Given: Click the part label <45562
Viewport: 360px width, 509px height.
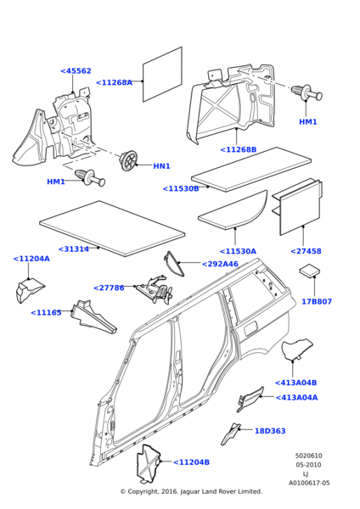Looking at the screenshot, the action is [x=76, y=70].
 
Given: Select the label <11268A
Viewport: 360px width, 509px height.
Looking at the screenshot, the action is [x=114, y=82].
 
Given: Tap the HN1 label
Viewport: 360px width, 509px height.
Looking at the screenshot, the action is [x=162, y=166].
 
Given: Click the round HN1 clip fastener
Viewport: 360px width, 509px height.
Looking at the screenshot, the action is [x=128, y=160].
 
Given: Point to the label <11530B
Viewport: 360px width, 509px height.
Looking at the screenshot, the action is [x=181, y=188].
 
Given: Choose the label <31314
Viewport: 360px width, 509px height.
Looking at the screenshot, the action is [x=73, y=249].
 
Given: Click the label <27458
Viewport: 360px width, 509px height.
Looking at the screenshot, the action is [x=306, y=251].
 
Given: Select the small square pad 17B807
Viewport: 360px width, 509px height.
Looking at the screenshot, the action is [x=309, y=271].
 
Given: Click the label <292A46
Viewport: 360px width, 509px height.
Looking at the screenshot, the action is [x=220, y=264].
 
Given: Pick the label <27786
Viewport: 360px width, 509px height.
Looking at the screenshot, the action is [x=109, y=288].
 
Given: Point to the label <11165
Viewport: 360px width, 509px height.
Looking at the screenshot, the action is [x=46, y=312].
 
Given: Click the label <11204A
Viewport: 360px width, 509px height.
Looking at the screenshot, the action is [x=31, y=259].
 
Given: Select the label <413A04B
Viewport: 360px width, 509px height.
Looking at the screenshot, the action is [x=295, y=383].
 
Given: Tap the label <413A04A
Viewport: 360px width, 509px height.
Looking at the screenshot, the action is [x=296, y=398].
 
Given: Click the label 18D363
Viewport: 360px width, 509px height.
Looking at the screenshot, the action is [x=270, y=431].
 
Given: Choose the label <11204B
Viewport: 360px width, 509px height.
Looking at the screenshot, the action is [x=191, y=462].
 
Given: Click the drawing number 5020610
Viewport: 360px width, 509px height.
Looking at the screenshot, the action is [x=309, y=456].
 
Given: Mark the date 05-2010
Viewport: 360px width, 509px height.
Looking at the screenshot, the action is [x=309, y=465].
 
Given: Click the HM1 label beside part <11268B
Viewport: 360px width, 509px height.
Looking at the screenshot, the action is [x=307, y=121].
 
